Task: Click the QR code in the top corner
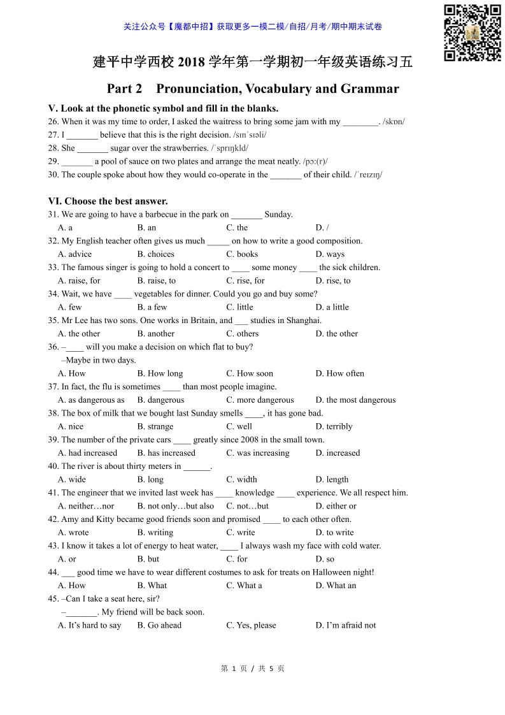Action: coord(472,32)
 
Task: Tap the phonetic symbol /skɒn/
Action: coord(394,122)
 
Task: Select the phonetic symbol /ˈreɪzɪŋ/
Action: coord(368,175)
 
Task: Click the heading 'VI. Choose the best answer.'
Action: coord(108,201)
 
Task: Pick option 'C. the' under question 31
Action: coord(237,227)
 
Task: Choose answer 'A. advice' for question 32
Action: coord(75,254)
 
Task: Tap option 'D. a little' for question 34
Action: coord(332,307)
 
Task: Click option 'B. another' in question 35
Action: coord(155,333)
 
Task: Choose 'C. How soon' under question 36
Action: coord(250,373)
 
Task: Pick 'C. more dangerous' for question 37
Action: coord(260,400)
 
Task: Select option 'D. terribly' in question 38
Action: coord(334,427)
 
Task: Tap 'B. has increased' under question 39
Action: coord(166,453)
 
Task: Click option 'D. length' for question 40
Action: coord(332,480)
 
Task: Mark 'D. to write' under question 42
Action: coord(334,533)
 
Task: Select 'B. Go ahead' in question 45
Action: coord(159,626)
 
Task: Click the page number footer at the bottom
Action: coord(252,668)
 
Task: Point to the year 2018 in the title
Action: coord(192,62)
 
